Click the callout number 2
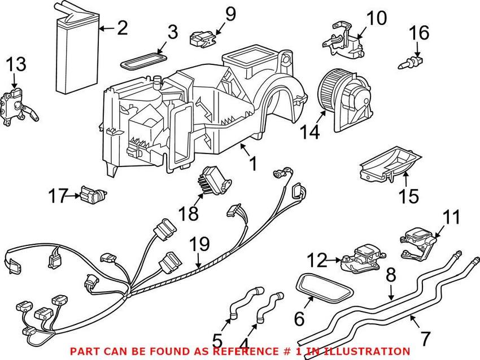pos(122,27)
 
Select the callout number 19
pos(200,245)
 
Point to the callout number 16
pos(419,34)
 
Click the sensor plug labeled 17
pos(91,195)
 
